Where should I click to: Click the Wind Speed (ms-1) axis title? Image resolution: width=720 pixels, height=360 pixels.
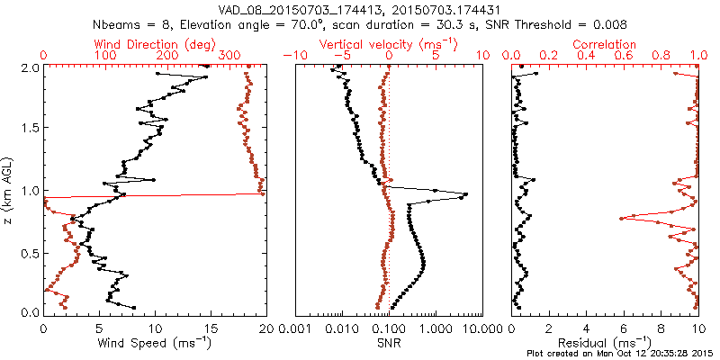tap(155, 343)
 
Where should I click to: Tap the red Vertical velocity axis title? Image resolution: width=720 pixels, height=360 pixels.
tap(389, 44)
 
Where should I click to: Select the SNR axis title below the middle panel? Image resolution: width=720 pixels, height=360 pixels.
tap(389, 343)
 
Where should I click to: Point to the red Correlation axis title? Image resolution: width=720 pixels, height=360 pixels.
tap(605, 44)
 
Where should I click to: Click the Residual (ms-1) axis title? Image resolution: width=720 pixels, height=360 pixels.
tap(605, 343)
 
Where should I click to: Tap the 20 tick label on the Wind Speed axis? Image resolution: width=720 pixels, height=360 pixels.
tap(265, 328)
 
